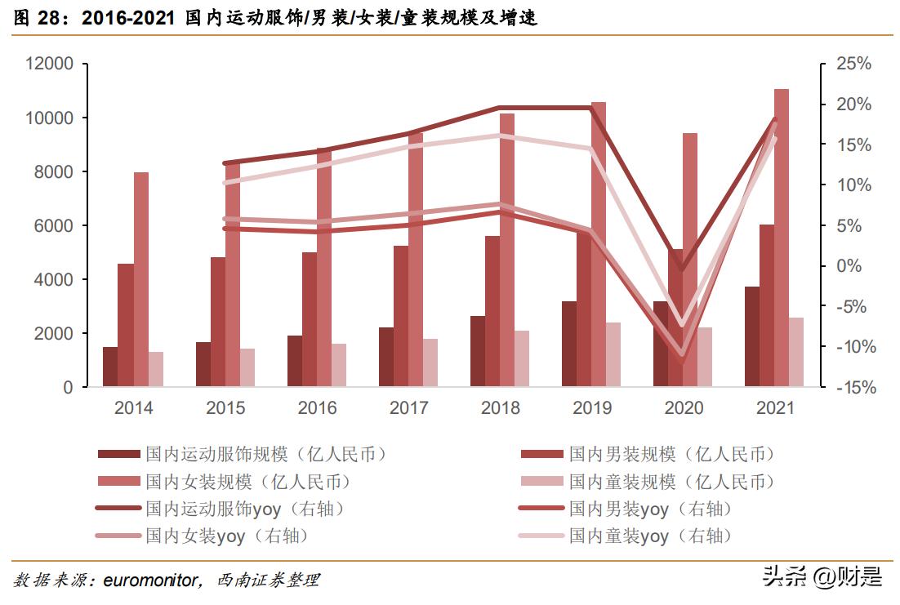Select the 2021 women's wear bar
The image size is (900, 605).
pos(782,237)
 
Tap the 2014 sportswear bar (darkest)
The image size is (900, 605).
pos(109,367)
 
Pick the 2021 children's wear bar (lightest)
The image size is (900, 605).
pos(796,352)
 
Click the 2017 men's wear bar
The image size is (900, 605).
pos(400,316)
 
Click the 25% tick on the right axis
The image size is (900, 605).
pos(853,64)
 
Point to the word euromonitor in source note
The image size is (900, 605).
pos(151,581)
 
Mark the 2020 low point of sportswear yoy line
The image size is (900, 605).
pos(682,269)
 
